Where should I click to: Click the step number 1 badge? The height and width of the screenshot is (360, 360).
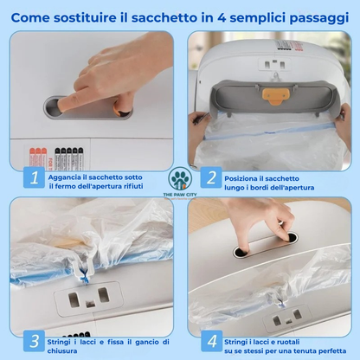(32, 179)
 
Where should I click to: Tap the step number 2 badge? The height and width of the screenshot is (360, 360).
(210, 179)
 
